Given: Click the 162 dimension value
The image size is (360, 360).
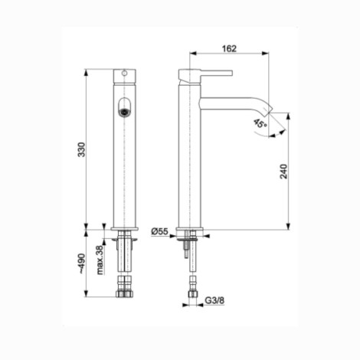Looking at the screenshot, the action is tap(229, 48).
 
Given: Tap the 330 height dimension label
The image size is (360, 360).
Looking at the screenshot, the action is tap(81, 149).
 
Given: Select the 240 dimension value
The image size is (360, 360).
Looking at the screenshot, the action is tap(284, 172).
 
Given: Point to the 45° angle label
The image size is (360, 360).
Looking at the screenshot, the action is tap(260, 123).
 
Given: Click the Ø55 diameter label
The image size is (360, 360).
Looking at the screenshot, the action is tap(159, 231).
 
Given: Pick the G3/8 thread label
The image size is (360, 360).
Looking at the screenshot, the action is tap(214, 300).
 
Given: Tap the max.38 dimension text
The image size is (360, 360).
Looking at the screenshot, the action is tap(100, 260).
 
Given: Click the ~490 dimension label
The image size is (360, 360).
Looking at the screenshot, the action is tap(81, 263).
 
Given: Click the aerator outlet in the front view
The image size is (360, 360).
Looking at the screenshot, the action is tap(124, 112).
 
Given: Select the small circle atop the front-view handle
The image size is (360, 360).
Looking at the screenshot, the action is tap(124, 74).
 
